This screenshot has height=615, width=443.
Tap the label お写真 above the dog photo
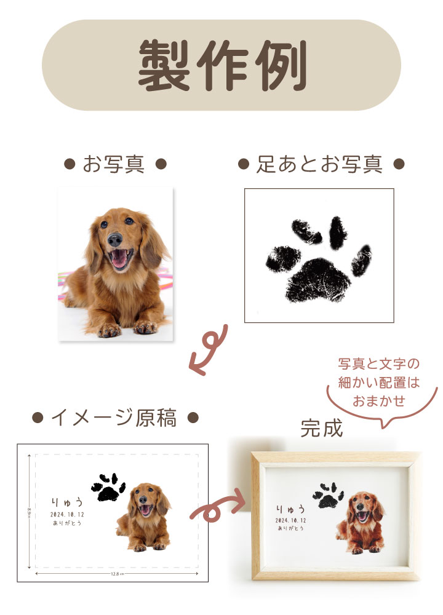[x=116, y=164]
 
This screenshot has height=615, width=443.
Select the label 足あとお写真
[x=320, y=164]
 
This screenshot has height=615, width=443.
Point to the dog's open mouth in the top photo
[x=121, y=260]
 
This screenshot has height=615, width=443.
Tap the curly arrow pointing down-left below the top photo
[x=210, y=351]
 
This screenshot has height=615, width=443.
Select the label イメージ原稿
[x=115, y=418]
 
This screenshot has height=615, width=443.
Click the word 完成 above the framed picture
[x=321, y=429]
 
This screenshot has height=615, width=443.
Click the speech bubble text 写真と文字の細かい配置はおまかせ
[x=378, y=381]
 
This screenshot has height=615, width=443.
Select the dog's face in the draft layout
[x=145, y=506]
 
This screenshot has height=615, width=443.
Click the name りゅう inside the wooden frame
[x=290, y=509]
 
